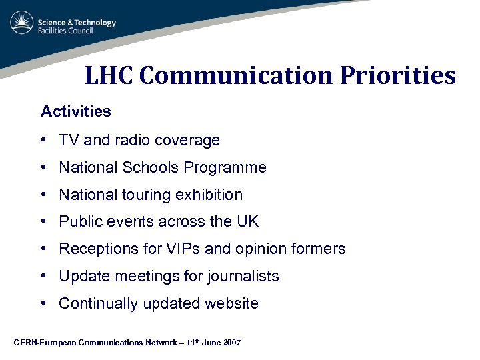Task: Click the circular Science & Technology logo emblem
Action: click(x=21, y=23)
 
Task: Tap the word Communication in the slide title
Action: click(x=235, y=75)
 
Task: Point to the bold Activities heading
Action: click(x=76, y=111)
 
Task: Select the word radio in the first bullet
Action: click(x=134, y=140)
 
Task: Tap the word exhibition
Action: click(x=210, y=195)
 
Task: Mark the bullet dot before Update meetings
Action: click(x=43, y=277)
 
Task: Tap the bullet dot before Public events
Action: click(x=43, y=222)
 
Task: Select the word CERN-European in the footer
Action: click(x=44, y=343)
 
